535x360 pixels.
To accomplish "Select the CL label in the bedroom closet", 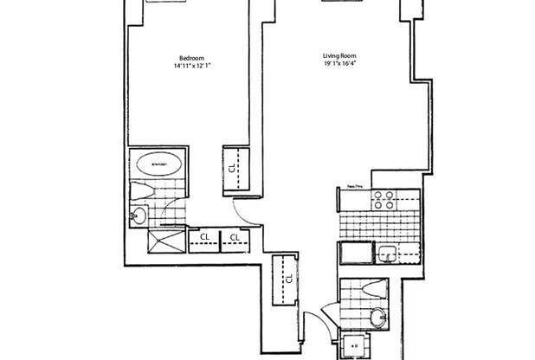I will click(235, 168).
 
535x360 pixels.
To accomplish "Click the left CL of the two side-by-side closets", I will click(205, 236).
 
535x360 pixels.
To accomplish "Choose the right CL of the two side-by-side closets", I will click(235, 236).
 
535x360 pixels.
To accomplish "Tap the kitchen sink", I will click(387, 253).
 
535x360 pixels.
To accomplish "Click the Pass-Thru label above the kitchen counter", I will click(352, 185).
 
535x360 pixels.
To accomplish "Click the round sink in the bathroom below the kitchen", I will click(379, 317).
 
